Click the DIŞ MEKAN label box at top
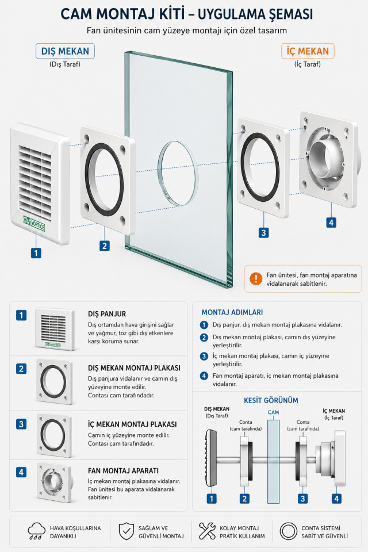[65, 51]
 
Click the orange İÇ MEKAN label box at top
[308, 51]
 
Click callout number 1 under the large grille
[36, 252]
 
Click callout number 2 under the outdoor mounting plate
[104, 246]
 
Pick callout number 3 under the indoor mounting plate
[263, 233]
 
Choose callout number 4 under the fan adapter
[331, 223]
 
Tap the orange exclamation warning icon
[255, 279]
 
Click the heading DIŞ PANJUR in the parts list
[106, 314]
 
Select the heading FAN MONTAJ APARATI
[124, 470]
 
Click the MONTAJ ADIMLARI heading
[232, 312]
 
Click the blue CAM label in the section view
[273, 413]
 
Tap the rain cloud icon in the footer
[36, 531]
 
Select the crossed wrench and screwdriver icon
[207, 531]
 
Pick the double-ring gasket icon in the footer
[288, 531]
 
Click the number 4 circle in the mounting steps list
[204, 376]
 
